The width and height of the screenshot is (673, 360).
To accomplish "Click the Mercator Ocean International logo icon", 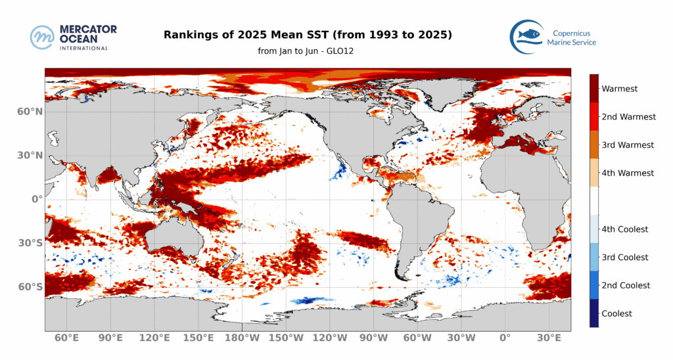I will coord(43,37).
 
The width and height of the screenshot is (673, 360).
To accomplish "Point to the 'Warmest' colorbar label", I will coord(620,89).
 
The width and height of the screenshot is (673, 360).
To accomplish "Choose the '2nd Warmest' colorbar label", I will coord(628,117).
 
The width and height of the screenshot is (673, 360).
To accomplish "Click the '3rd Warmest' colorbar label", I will coord(628,145).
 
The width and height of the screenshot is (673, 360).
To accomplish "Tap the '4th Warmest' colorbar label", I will coord(628,173).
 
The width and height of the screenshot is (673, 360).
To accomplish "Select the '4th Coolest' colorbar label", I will coord(625,229).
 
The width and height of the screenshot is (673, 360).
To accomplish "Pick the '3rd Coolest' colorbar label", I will coord(625,258).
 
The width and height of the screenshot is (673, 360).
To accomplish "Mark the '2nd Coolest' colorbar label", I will coord(626,286).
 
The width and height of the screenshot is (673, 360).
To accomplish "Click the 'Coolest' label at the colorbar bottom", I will coord(616,313).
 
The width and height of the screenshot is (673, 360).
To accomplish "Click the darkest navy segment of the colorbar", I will coord(594,313).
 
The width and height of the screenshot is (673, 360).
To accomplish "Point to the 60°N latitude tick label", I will coord(30,112).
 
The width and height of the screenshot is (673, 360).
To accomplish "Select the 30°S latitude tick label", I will coord(30,243).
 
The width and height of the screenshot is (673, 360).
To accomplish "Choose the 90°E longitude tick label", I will coord(110,338).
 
